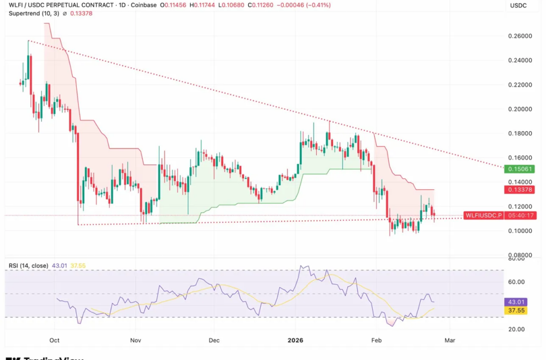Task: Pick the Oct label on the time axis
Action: point(54,340)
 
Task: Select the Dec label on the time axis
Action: point(214,340)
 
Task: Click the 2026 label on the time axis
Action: point(295,340)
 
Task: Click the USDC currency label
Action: point(518,5)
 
